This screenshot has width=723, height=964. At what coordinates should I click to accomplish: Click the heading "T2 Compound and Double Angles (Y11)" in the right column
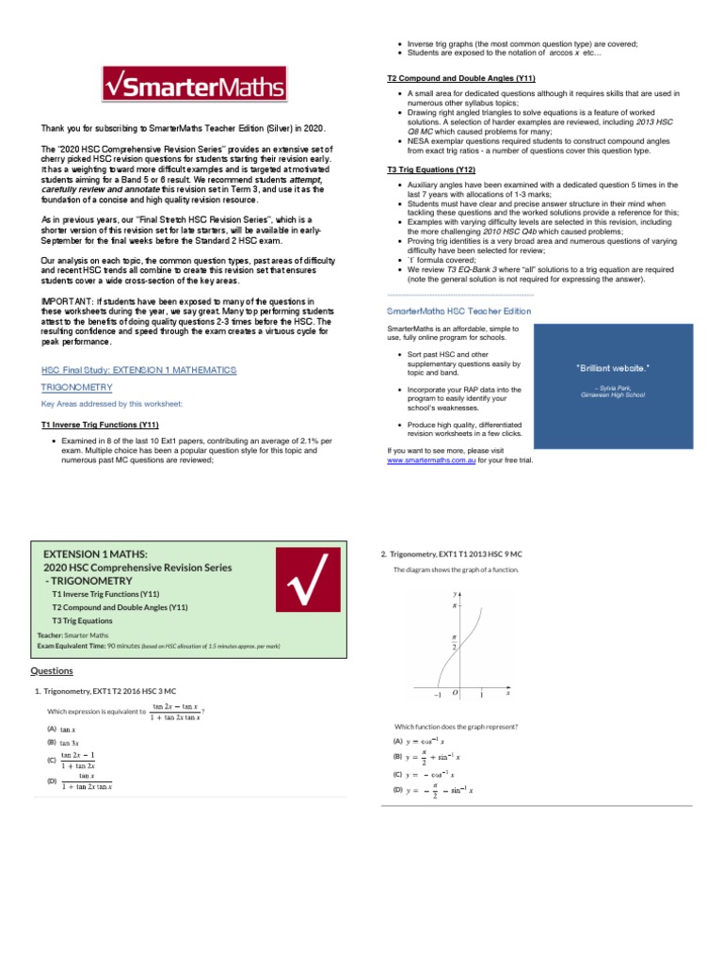point(461,78)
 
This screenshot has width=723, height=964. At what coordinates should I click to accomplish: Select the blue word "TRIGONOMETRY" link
point(76,387)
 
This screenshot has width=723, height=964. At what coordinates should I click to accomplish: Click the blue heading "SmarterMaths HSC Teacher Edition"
point(459,310)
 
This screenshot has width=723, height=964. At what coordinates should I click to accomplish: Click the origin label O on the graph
point(455,692)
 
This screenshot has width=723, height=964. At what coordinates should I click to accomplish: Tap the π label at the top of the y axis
point(456,607)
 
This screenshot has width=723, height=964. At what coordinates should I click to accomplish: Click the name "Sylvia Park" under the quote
point(614,387)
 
